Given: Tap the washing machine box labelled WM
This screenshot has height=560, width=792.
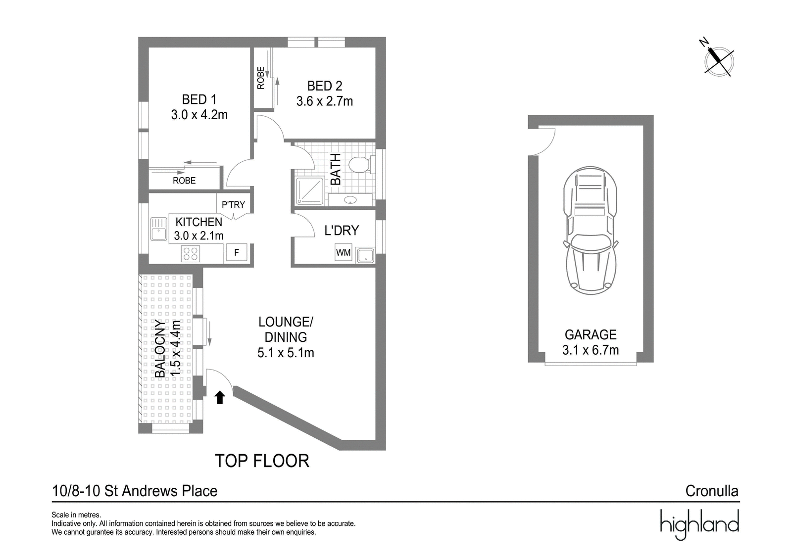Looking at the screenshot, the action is pyautogui.click(x=344, y=253).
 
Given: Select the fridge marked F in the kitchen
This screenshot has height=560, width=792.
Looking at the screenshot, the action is pyautogui.click(x=237, y=253).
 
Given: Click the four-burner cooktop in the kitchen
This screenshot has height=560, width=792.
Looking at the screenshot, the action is pyautogui.click(x=191, y=254).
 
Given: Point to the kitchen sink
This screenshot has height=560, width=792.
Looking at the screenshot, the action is pyautogui.click(x=159, y=229).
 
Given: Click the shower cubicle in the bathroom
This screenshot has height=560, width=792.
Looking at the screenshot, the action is pyautogui.click(x=310, y=191).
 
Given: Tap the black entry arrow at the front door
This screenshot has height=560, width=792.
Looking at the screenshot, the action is pyautogui.click(x=220, y=397).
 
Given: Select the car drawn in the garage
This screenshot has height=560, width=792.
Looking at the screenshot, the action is pyautogui.click(x=591, y=231).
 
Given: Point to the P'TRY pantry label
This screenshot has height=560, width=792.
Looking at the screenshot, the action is pyautogui.click(x=233, y=205).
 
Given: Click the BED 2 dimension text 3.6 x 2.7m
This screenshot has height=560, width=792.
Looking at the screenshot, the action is pyautogui.click(x=325, y=101).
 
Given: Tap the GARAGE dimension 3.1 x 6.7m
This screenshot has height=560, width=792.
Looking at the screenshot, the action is pyautogui.click(x=591, y=350).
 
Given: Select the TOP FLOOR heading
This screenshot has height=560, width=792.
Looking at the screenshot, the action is pyautogui.click(x=262, y=461).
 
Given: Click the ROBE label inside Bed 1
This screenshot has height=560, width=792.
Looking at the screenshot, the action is pyautogui.click(x=184, y=181).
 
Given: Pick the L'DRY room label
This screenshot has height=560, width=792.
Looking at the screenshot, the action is pyautogui.click(x=342, y=231).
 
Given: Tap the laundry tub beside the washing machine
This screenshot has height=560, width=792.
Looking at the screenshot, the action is pyautogui.click(x=366, y=255).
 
